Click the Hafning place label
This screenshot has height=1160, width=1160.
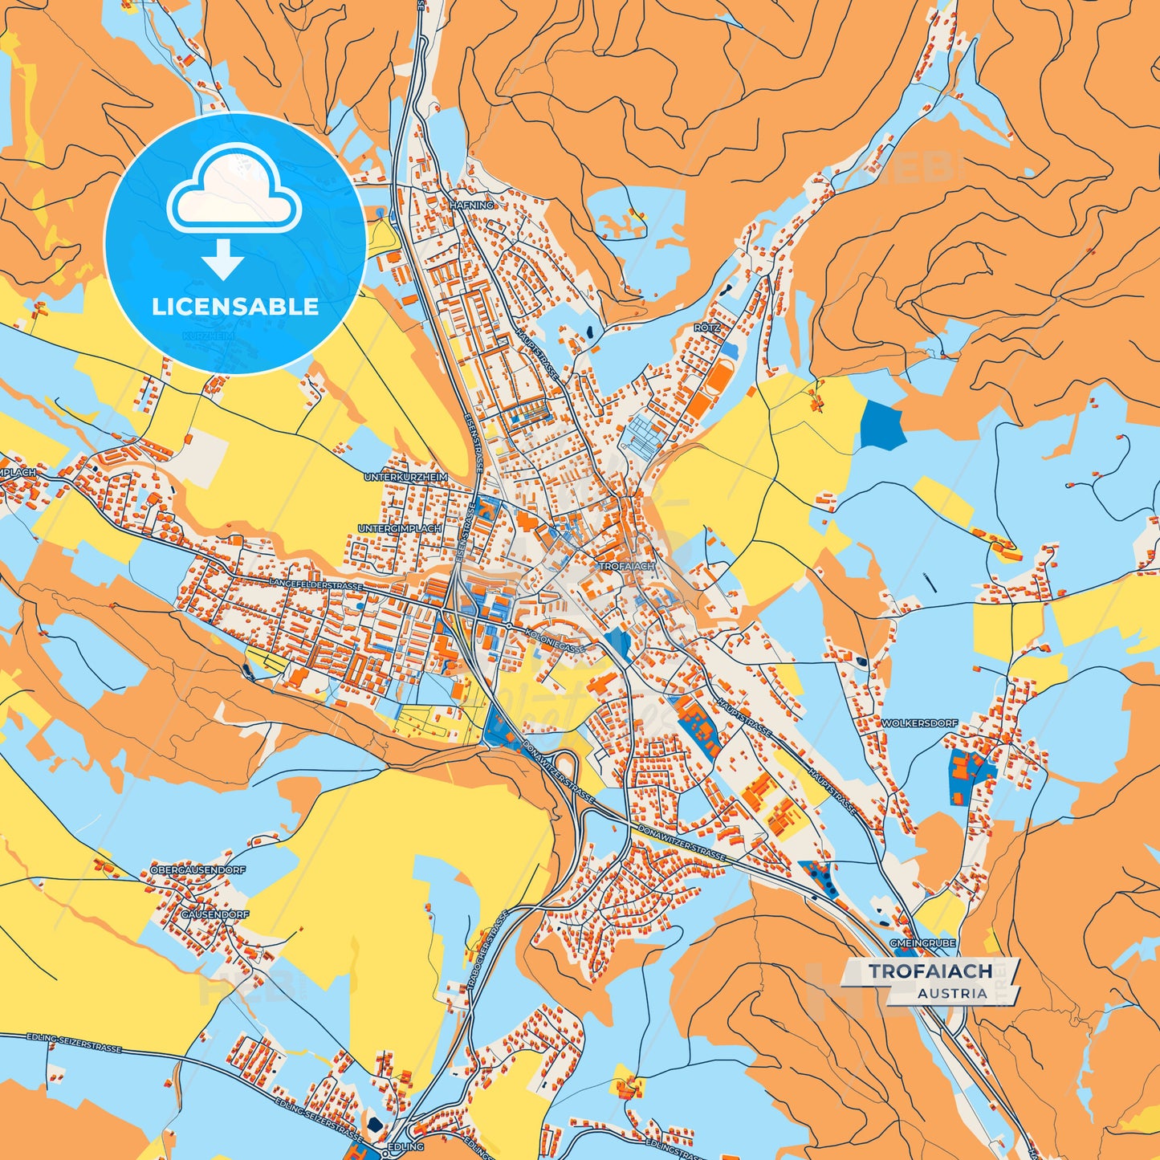click(472, 206)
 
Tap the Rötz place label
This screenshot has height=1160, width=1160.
click(707, 328)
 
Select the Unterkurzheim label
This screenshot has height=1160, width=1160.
click(405, 477)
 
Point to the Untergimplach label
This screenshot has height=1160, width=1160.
click(399, 529)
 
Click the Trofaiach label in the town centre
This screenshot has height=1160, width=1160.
click(626, 566)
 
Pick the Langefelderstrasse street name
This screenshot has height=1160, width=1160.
click(316, 584)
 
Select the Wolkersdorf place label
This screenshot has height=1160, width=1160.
click(919, 723)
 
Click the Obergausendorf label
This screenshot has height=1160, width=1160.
click(197, 869)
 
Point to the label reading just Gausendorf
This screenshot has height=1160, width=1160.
click(214, 914)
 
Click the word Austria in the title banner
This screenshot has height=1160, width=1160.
click(952, 993)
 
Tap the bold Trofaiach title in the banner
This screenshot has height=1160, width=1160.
click(930, 971)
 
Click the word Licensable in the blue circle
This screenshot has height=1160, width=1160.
click(235, 307)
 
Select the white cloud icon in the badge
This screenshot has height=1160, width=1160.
click(234, 190)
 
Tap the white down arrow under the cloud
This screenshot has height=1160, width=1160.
click(222, 259)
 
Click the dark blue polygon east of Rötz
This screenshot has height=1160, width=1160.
click(882, 424)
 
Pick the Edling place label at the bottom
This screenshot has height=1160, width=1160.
click(405, 1146)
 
